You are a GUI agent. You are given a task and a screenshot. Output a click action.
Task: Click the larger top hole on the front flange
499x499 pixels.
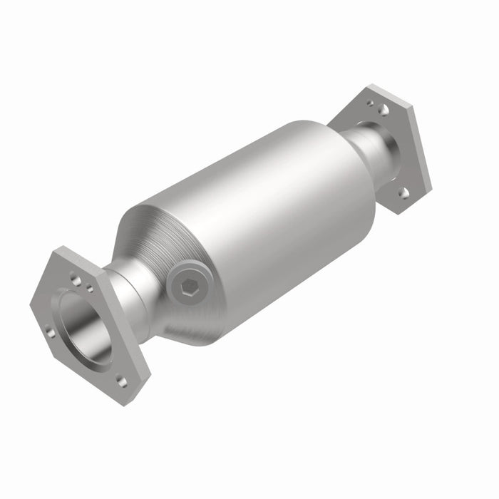[x=76, y=279]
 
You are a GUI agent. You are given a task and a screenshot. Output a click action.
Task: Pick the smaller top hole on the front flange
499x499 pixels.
[x=90, y=289]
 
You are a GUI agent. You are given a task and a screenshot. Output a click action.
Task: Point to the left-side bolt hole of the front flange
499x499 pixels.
[x=50, y=331]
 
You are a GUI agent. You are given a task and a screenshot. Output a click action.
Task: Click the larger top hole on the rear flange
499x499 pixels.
[x=383, y=110]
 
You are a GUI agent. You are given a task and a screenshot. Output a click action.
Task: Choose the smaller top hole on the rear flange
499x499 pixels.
[x=370, y=103]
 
